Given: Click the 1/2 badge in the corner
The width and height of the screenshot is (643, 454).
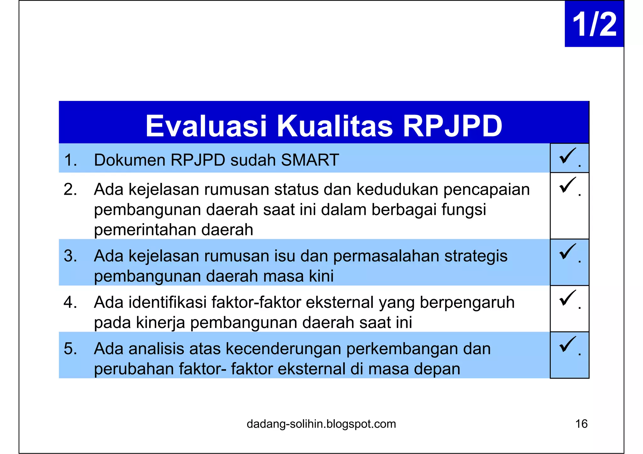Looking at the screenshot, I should click(x=594, y=24).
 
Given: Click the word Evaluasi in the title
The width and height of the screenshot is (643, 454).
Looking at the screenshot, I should click(x=206, y=126).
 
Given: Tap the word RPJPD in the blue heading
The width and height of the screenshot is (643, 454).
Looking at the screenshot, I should click(x=452, y=126).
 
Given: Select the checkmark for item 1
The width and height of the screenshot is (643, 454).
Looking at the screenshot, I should click(x=567, y=156).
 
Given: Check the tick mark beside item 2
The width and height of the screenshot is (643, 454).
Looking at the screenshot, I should click(x=567, y=185).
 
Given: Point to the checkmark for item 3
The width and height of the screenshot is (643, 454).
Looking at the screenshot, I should click(x=567, y=251).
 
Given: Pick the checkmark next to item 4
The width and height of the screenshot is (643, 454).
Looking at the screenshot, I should click(x=567, y=298).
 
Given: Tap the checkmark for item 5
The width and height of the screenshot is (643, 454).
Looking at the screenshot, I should click(x=567, y=344).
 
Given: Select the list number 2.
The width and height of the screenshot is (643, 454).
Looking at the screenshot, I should click(x=70, y=189).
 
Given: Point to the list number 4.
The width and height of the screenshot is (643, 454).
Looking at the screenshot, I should click(x=70, y=302).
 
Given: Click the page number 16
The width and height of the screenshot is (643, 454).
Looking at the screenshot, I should click(x=581, y=424).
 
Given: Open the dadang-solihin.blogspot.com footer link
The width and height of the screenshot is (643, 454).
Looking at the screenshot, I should click(x=321, y=424).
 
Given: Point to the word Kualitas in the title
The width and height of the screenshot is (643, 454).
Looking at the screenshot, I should click(x=334, y=126).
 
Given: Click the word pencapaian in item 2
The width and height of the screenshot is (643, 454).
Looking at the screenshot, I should click(x=486, y=189).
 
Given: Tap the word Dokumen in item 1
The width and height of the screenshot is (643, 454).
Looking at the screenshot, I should click(x=130, y=160).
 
